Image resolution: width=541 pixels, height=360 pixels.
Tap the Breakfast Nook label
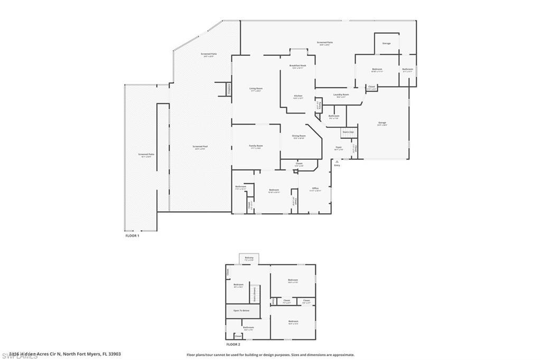click(298, 67)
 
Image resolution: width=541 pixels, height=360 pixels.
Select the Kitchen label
click(299, 97)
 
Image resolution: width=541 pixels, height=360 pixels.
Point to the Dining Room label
click(299, 137)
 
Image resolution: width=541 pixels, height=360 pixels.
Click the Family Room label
click(256, 146)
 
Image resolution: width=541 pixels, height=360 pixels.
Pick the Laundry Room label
click(341, 96)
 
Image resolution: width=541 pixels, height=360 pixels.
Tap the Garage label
click(382, 124)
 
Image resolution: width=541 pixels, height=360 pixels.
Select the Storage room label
click(387, 43)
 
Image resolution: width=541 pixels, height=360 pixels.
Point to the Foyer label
click(339, 148)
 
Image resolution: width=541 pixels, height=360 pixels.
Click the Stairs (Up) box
click(348, 132)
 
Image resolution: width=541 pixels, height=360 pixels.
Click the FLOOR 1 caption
click(132, 235)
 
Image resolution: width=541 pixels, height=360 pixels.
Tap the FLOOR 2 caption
click(234, 344)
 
